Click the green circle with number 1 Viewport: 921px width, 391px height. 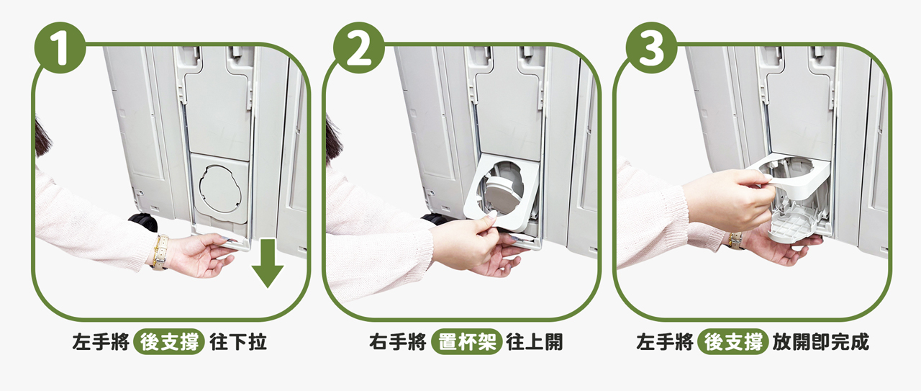[x=60, y=48]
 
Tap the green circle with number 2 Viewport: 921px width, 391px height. [x=358, y=48]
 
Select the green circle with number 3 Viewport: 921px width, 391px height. [x=651, y=48]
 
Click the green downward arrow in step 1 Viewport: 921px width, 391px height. [x=268, y=264]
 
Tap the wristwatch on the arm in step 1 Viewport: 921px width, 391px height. [x=160, y=252]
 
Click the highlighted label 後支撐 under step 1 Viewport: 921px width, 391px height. [x=169, y=342]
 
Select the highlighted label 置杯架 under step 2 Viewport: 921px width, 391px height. [x=467, y=342]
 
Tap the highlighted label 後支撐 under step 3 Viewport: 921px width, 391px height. [x=733, y=342]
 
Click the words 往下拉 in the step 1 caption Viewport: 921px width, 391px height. [x=238, y=342]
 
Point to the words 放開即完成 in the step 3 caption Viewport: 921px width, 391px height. [x=821, y=342]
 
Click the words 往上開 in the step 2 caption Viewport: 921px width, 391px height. [x=535, y=342]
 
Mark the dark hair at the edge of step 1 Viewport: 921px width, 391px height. [x=42, y=137]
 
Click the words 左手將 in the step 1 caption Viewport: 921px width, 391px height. [x=101, y=342]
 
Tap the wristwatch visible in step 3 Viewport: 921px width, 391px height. [x=736, y=241]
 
